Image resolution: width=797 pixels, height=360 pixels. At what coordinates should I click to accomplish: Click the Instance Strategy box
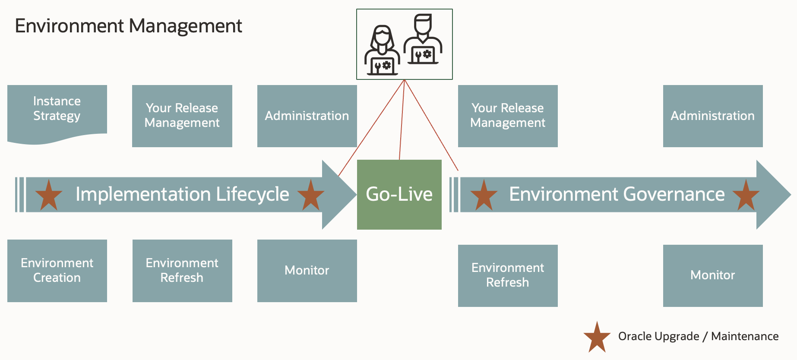click(x=57, y=111)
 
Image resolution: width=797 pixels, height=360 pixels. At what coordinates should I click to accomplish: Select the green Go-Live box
click(x=399, y=195)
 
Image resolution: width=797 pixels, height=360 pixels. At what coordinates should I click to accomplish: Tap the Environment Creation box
click(x=57, y=271)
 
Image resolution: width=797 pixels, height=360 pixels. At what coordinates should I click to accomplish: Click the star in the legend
click(x=597, y=338)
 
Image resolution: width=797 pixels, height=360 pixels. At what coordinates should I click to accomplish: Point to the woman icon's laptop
click(x=382, y=66)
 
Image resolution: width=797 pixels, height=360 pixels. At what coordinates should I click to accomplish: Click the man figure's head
click(x=422, y=23)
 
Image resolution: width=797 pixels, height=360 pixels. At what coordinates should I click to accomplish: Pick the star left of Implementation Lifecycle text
click(x=48, y=196)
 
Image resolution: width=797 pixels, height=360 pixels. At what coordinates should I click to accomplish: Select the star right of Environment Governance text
click(x=746, y=196)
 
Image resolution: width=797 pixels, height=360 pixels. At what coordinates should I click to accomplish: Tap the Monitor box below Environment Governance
click(x=712, y=275)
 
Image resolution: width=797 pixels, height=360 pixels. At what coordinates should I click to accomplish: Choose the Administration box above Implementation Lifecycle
click(x=307, y=116)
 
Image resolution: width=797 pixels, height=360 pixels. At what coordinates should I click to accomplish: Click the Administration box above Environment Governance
click(x=712, y=116)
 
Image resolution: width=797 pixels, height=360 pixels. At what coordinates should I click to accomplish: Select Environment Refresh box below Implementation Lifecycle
click(x=182, y=271)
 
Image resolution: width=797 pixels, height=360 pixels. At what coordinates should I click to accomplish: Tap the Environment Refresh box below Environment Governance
click(x=507, y=275)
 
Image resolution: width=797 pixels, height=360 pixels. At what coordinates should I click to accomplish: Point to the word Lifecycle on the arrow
click(x=253, y=195)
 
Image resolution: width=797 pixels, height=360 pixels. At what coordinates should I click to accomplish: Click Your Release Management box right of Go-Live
click(x=507, y=116)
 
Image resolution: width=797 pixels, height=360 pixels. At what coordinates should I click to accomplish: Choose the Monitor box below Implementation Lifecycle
click(x=307, y=271)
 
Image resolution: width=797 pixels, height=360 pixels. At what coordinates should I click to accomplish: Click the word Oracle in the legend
click(x=636, y=336)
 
